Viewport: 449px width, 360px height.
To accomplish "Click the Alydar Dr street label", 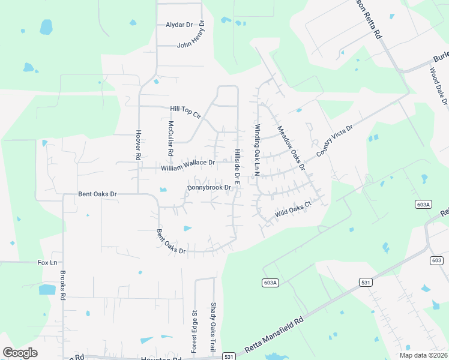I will pos(179,25).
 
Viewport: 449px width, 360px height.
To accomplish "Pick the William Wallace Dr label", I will pos(188,163).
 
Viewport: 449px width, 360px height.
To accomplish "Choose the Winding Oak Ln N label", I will pos(256,149).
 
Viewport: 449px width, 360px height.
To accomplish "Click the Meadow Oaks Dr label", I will pos(291,147).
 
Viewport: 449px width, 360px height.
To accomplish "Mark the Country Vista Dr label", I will pos(334,142).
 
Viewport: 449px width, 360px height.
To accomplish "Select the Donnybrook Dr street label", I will pos(209,188).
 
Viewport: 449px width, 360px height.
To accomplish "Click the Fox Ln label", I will pos(47,263).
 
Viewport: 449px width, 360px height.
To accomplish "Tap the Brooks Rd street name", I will pos(62,289).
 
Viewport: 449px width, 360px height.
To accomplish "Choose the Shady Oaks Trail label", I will pos(213,328).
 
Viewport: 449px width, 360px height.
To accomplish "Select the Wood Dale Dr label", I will pos(438,86).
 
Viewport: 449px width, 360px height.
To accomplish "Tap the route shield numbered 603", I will pos(436,260).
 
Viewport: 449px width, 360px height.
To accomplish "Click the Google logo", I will pos(20,353).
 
